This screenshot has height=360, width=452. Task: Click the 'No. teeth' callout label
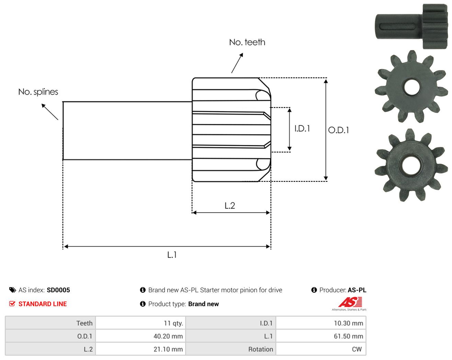coord(247,42)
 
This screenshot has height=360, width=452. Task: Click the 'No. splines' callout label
coord(38,92)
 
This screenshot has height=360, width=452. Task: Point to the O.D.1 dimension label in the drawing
coord(338,130)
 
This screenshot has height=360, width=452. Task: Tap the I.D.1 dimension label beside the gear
coord(302,128)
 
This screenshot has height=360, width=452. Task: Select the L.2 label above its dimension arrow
coord(230,206)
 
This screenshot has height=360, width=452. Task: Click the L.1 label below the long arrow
coord(172,255)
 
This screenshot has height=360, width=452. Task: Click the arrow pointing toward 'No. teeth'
coord(237,63)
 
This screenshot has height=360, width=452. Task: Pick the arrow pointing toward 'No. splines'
coord(50,112)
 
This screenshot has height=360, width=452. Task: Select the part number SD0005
coord(58,290)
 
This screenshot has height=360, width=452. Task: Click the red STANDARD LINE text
coord(43,304)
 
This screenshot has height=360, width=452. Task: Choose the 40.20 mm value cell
coord(140,336)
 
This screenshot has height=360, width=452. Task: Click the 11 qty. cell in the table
coord(140,323)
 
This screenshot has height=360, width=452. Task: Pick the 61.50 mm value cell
coord(321,336)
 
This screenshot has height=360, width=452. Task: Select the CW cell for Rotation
coord(321,349)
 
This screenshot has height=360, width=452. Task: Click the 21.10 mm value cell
coord(140,349)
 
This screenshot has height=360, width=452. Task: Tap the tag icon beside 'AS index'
coord(13,290)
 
